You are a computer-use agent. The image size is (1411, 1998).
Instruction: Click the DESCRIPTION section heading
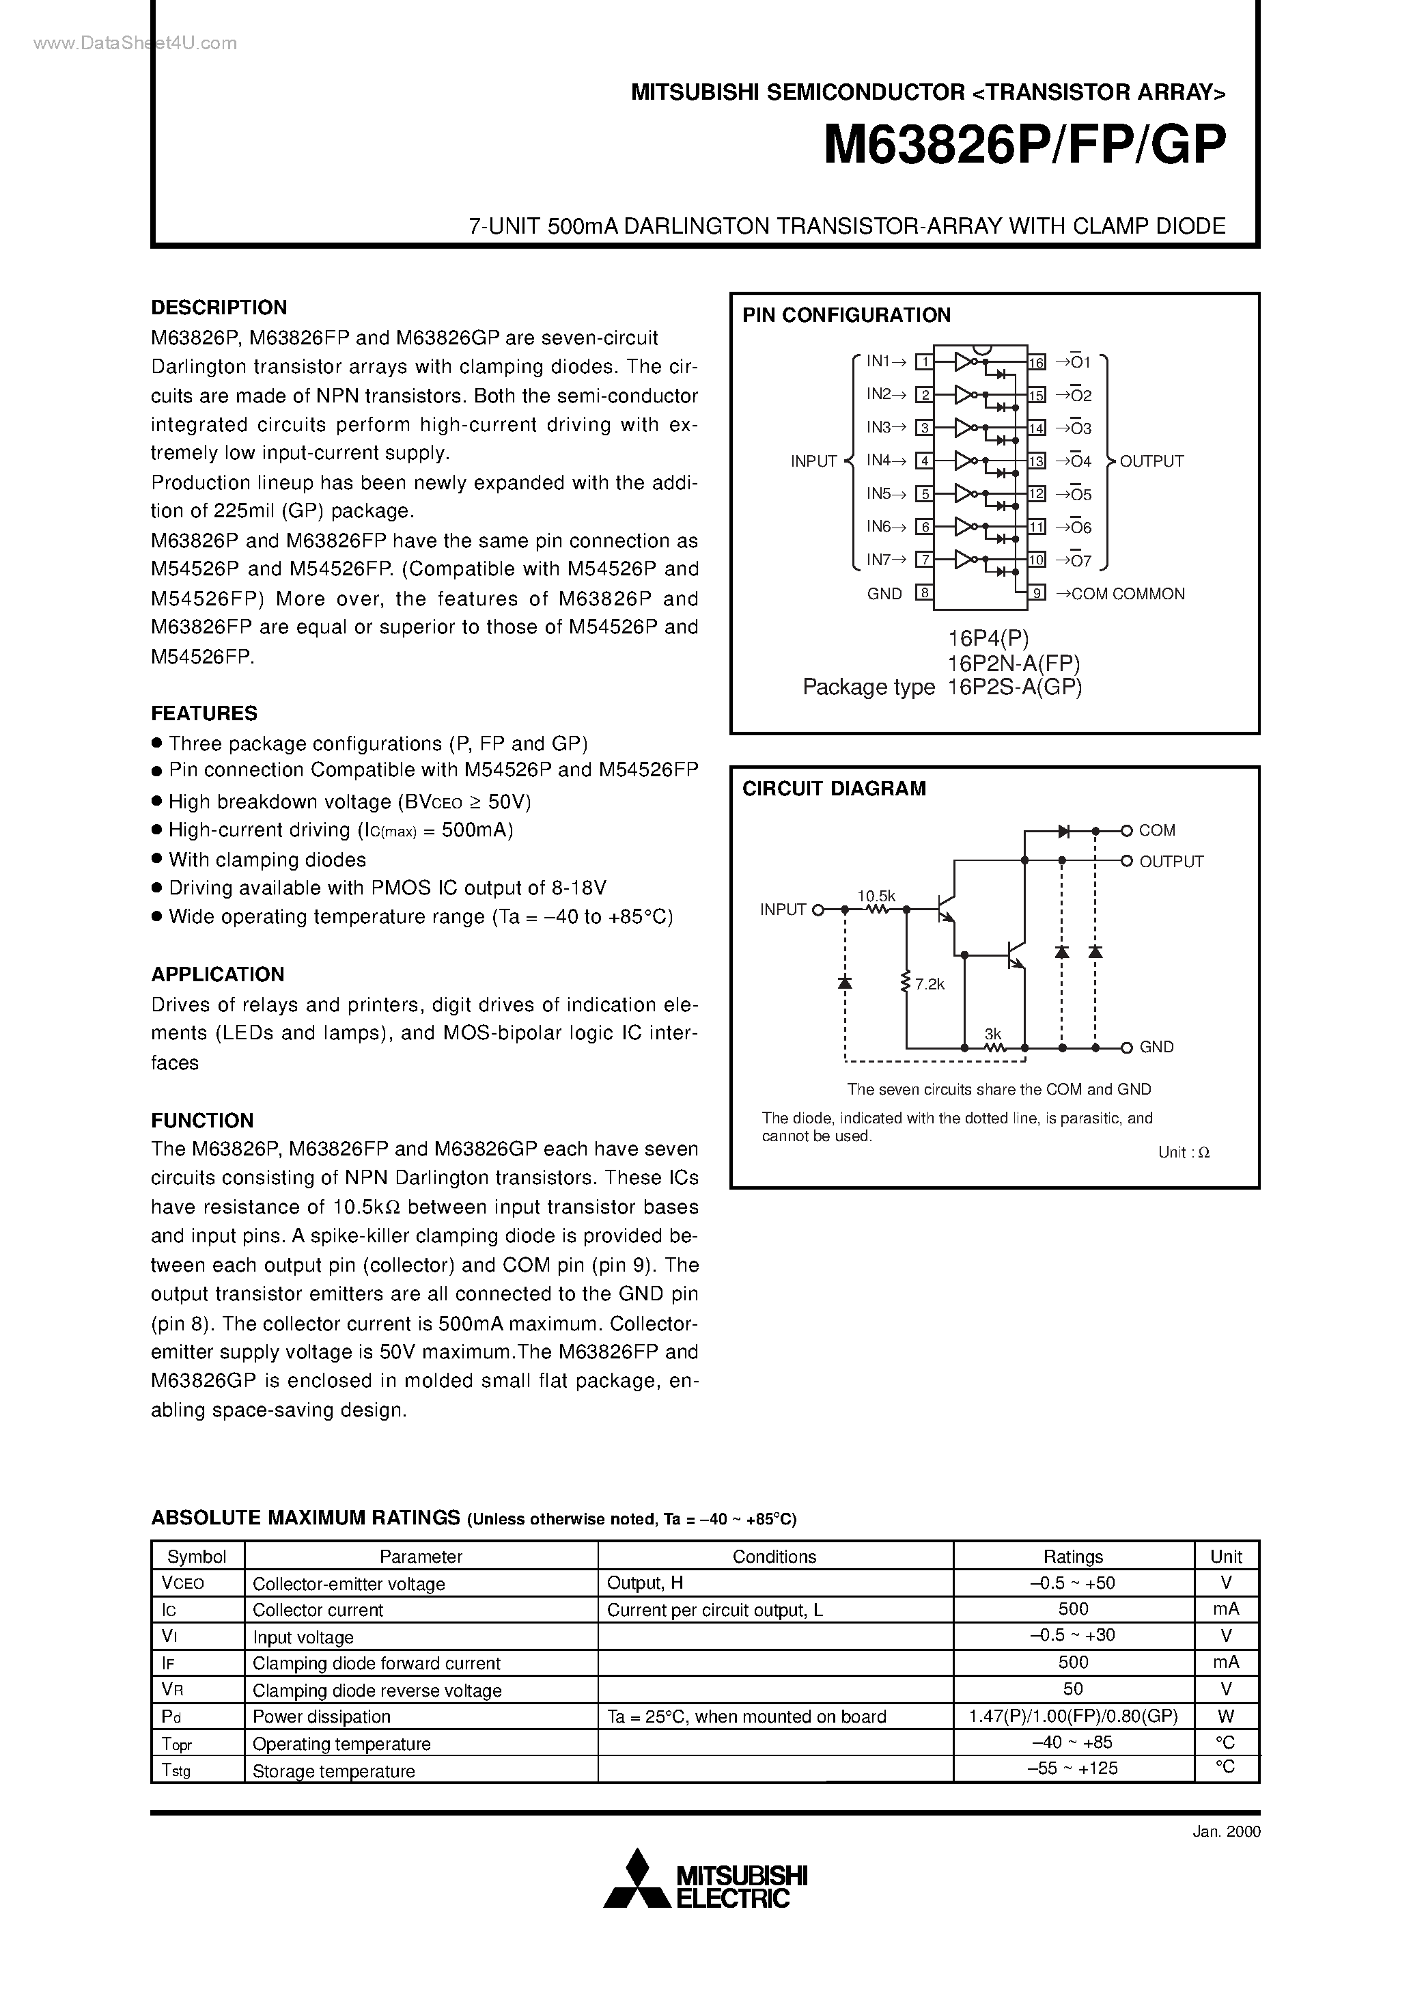point(219,307)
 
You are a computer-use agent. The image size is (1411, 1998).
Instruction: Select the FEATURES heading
point(204,713)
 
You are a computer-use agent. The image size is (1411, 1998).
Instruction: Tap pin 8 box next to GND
point(924,594)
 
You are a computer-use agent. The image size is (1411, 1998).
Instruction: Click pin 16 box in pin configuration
point(1036,362)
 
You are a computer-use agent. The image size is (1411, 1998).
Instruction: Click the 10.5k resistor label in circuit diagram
point(876,895)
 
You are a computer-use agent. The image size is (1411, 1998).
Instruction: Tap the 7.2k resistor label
point(929,984)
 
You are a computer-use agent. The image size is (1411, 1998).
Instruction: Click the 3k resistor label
point(992,1034)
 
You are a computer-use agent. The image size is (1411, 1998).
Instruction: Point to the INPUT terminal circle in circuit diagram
point(817,909)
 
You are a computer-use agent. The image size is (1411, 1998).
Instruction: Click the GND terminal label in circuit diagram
point(1156,1047)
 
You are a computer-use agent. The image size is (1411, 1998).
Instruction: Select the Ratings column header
point(1073,1556)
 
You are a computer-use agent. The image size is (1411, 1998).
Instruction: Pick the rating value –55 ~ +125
point(1073,1768)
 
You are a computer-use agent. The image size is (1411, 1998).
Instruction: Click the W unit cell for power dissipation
point(1226,1716)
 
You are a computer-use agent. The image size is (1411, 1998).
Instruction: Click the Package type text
point(867,687)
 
